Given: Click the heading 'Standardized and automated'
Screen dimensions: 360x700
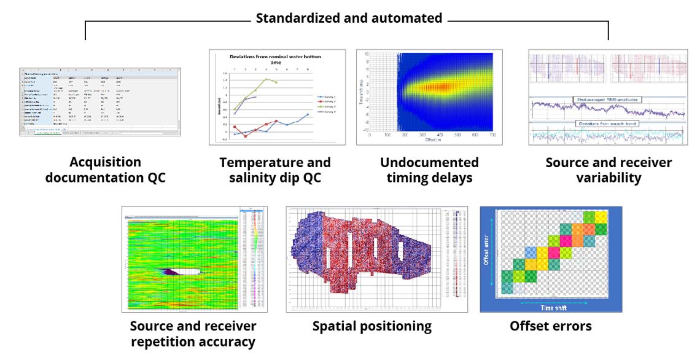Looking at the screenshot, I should coord(349,18).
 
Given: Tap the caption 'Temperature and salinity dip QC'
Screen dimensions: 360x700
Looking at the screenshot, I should coord(275,170).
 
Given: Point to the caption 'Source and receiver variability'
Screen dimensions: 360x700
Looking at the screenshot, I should coord(609,170).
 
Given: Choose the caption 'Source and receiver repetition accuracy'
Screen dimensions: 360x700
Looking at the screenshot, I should coord(193,334).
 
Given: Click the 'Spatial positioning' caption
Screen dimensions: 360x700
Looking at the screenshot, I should coord(372,326).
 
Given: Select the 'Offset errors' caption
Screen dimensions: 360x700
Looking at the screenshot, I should coord(551,326).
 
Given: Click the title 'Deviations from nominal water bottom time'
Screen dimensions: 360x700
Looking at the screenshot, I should coord(275,59).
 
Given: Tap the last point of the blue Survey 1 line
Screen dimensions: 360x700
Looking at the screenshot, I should coord(308,114).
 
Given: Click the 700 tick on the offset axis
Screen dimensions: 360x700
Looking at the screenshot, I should coord(492,134).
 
